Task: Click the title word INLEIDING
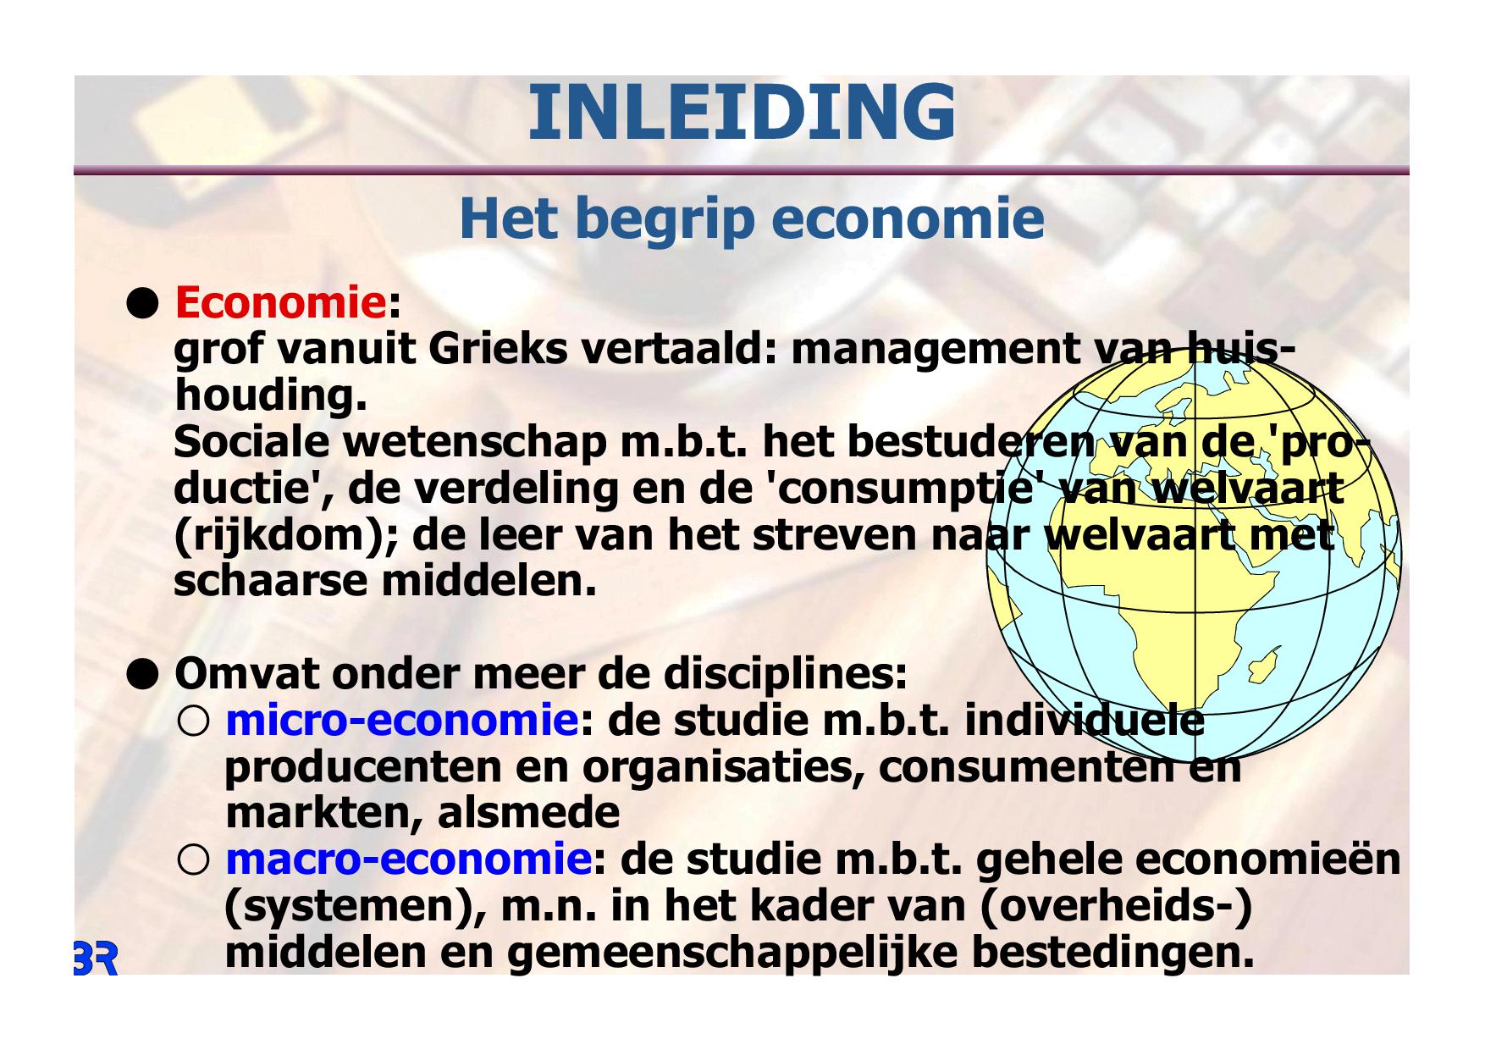(742, 113)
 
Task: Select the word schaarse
(271, 582)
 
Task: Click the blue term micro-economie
(402, 721)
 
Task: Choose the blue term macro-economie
(408, 859)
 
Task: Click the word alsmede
(528, 813)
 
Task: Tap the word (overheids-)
(1115, 907)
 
